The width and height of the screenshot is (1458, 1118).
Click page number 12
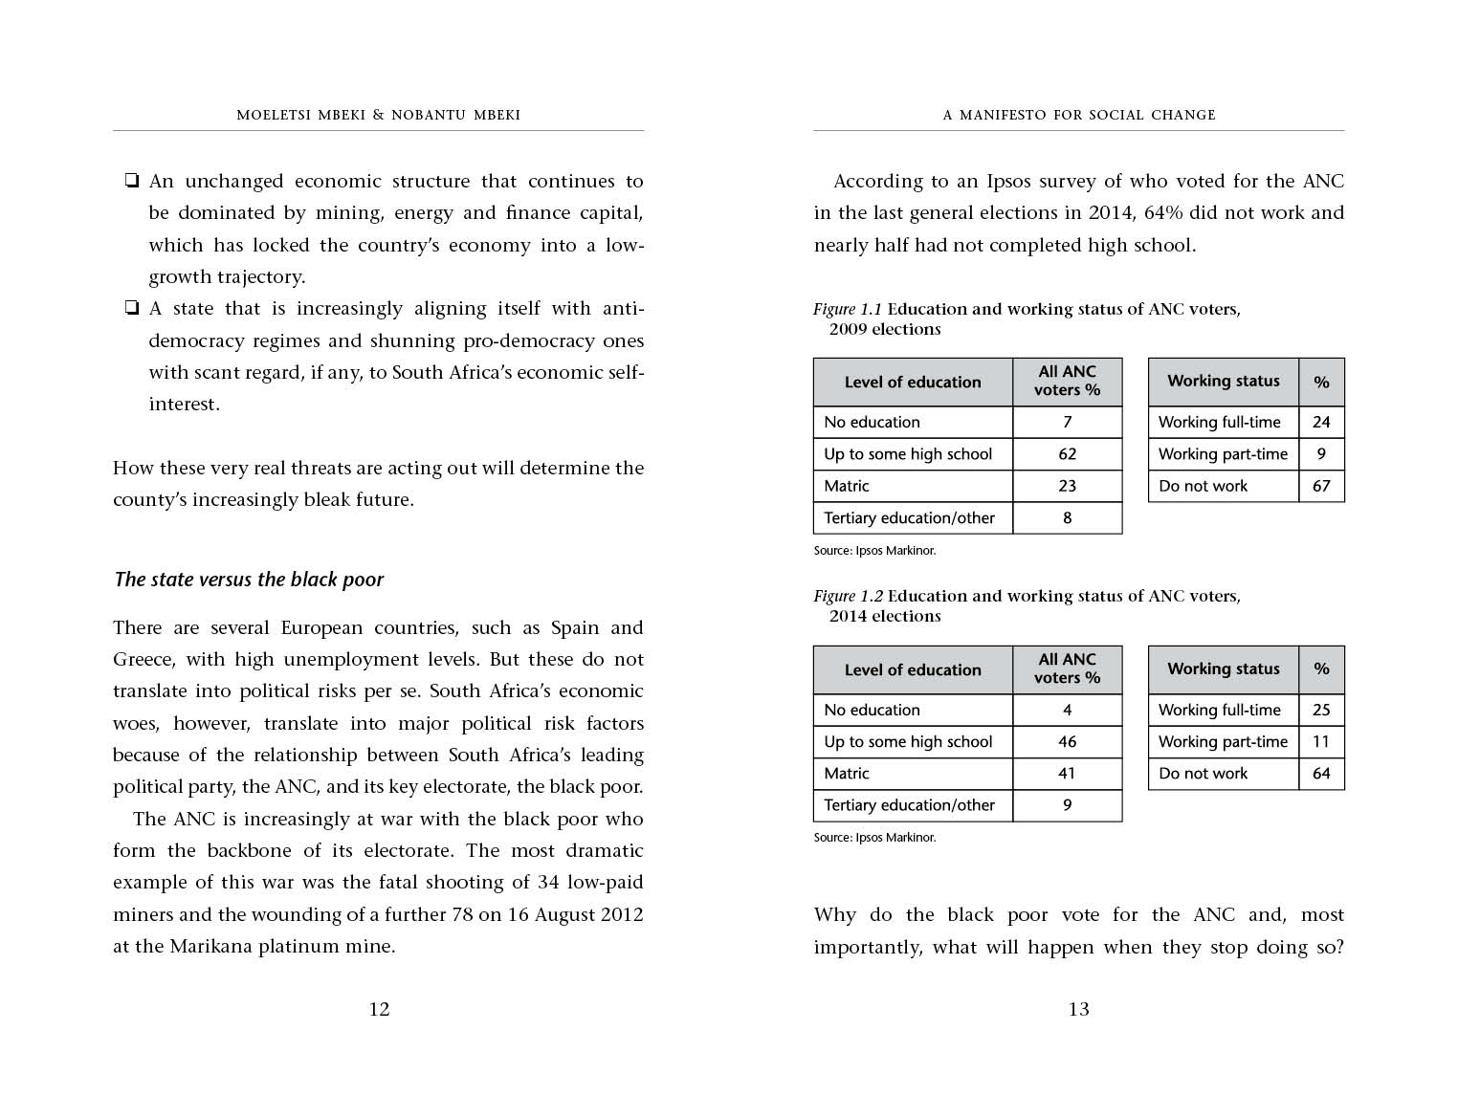click(379, 1009)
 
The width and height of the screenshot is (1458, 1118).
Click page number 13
click(1078, 1009)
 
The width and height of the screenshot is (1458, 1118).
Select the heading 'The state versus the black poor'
click(249, 580)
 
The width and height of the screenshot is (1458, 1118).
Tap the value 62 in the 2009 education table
click(1067, 454)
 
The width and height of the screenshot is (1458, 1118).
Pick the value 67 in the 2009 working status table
click(1321, 486)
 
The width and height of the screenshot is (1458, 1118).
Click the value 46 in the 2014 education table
click(1067, 742)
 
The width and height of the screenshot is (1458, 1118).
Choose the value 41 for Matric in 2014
click(1067, 774)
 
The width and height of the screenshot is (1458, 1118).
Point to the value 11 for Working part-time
click(1321, 742)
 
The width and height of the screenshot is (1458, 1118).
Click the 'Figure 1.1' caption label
click(848, 309)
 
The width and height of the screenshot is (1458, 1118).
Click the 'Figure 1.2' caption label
click(848, 597)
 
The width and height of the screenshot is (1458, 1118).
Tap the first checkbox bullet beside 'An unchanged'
click(131, 181)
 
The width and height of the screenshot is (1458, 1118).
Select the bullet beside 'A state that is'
click(131, 308)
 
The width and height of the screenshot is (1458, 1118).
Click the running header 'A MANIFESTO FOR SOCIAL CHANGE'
click(1078, 115)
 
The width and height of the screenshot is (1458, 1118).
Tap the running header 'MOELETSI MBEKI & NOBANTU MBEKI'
click(378, 115)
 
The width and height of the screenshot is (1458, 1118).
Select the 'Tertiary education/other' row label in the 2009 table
click(909, 518)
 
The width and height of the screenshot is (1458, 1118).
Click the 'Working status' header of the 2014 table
click(1223, 669)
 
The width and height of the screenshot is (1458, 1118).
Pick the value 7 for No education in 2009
click(1067, 423)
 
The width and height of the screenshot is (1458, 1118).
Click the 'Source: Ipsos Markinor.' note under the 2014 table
click(874, 838)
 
